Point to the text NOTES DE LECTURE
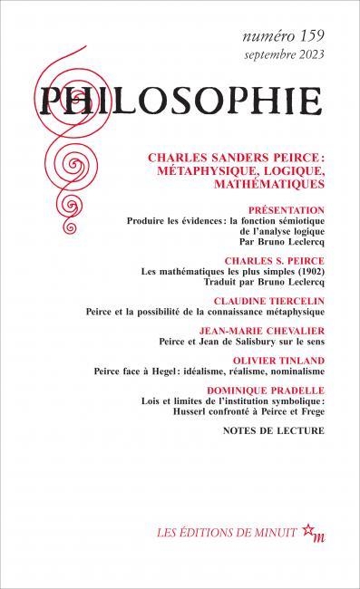(273, 430)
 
